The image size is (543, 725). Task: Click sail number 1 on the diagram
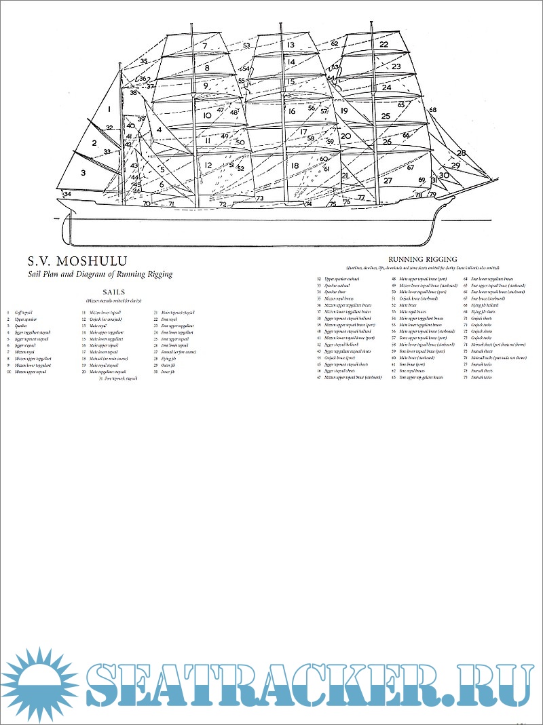[108, 109]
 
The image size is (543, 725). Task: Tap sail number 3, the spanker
[83, 172]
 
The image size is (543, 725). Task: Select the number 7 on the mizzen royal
[204, 45]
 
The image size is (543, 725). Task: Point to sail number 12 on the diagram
[208, 165]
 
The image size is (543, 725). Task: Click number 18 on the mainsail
[294, 165]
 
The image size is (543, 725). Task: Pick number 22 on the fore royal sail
[384, 44]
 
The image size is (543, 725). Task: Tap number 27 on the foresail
[388, 180]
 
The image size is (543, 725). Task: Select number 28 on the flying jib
[461, 153]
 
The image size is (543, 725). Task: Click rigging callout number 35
[144, 62]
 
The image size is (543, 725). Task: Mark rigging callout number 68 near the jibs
[433, 110]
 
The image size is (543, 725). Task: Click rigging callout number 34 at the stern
[67, 194]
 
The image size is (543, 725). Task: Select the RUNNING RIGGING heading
[422, 258]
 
